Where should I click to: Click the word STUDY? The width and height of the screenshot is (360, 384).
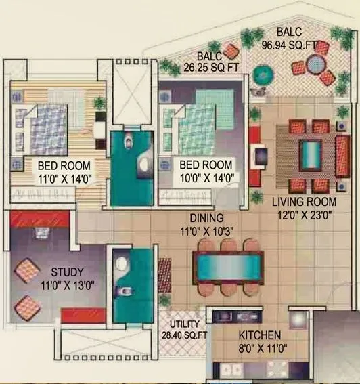66,273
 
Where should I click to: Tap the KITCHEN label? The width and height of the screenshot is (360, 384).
260,335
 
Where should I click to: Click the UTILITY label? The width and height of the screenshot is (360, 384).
183,324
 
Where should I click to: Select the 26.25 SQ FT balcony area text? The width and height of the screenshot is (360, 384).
210,68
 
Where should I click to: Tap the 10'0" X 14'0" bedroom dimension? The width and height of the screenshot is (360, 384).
205,179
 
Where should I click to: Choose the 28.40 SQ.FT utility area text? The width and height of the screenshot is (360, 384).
183,335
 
